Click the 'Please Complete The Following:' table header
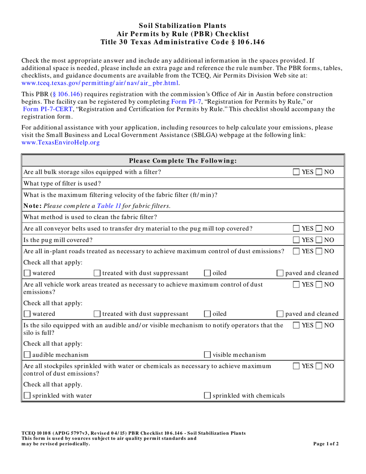click(x=183, y=160)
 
